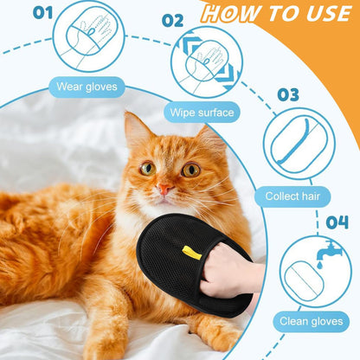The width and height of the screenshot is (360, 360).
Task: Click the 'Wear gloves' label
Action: point(89,86)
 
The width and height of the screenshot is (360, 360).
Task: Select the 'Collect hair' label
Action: point(298,196)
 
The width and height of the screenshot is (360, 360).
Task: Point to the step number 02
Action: point(172,20)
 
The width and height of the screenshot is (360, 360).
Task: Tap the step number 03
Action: point(288,93)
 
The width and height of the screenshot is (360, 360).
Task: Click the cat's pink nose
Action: point(164,188)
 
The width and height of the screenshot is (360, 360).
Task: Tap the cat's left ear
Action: point(137,129)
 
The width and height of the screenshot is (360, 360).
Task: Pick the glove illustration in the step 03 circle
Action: point(299,143)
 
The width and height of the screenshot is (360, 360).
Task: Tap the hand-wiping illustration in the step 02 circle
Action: point(206,62)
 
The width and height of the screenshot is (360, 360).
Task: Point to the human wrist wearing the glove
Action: point(247,276)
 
